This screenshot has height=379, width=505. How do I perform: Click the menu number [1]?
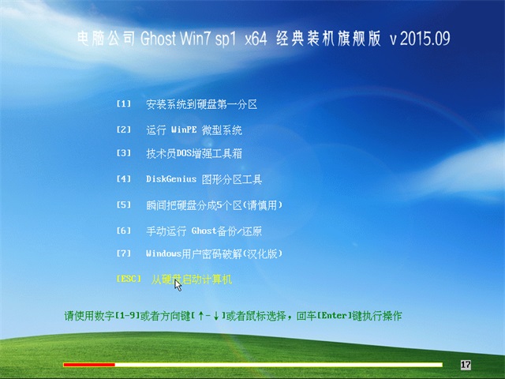(x=124, y=103)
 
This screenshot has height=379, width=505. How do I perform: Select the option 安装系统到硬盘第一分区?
(x=202, y=104)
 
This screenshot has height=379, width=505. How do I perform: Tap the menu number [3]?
(x=124, y=152)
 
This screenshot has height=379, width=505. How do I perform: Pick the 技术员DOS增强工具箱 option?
(x=194, y=153)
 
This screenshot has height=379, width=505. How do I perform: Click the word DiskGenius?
(x=171, y=179)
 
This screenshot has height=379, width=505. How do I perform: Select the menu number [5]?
(x=124, y=205)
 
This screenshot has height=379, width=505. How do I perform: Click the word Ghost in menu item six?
(x=204, y=231)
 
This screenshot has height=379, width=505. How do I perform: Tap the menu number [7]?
(x=124, y=253)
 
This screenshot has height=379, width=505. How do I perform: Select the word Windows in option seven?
(x=163, y=254)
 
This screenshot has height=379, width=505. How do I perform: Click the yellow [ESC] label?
(x=129, y=279)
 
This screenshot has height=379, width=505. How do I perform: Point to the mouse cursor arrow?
(x=178, y=285)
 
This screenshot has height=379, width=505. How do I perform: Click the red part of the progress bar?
(x=89, y=365)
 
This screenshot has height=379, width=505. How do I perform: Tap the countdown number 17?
(x=466, y=365)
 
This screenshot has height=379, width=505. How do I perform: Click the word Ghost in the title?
(x=158, y=39)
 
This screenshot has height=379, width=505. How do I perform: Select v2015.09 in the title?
(x=420, y=39)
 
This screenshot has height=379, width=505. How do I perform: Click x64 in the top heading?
(x=256, y=39)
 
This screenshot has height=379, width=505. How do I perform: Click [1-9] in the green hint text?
(x=128, y=316)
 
